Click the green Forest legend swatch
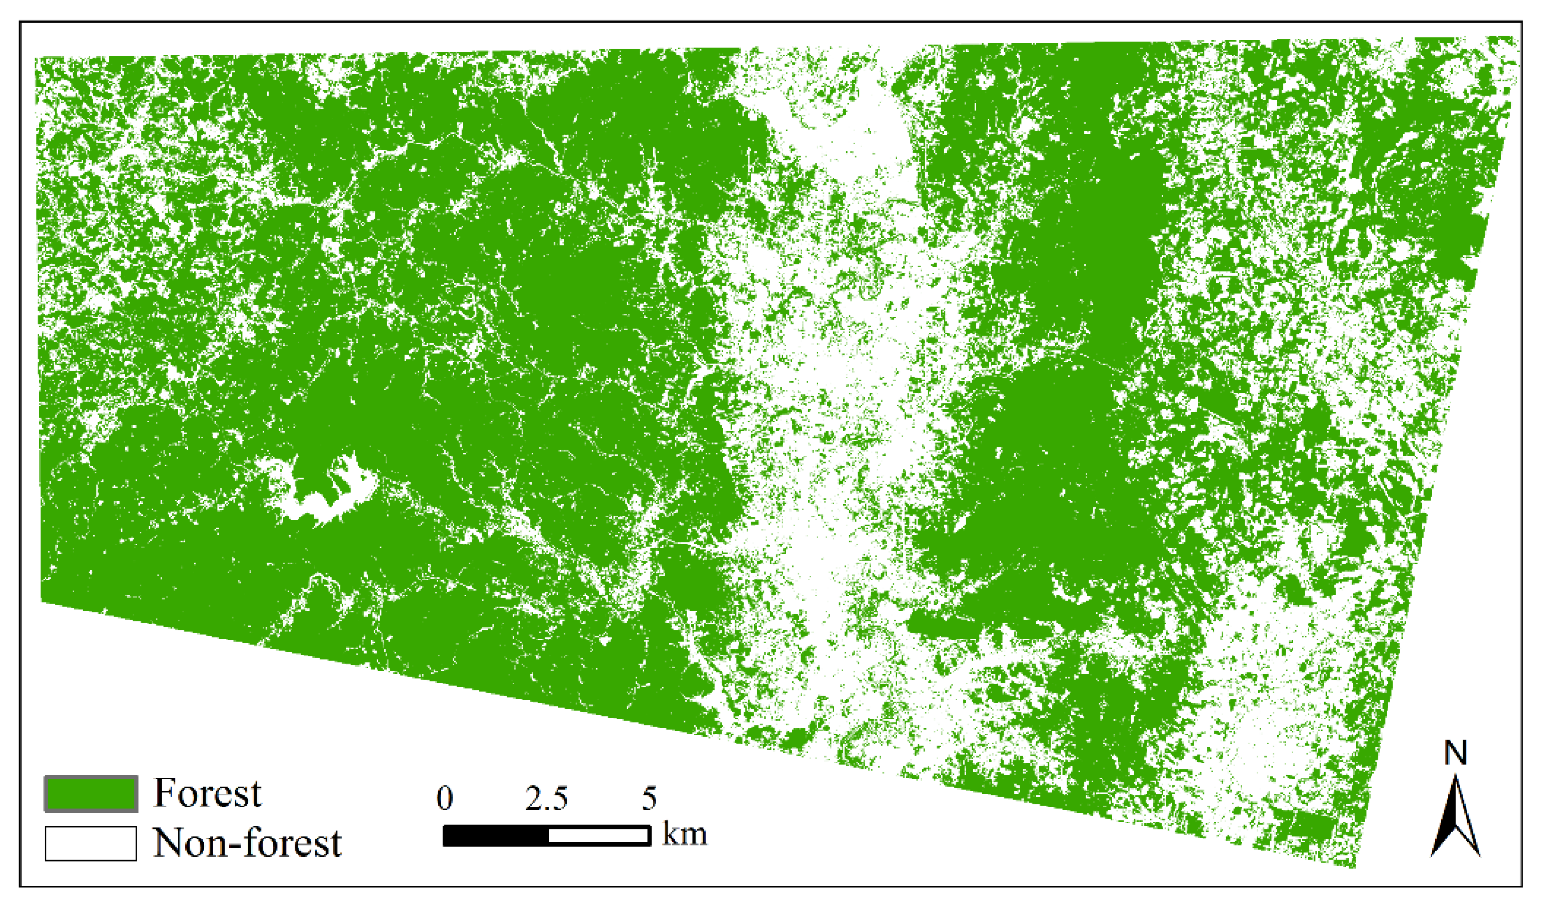tap(91, 794)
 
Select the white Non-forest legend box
tap(91, 844)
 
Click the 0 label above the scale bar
tap(445, 798)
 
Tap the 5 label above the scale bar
tap(650, 798)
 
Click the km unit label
tap(684, 835)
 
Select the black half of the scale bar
tap(496, 836)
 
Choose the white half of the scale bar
tap(598, 836)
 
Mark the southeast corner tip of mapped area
tap(1355, 867)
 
